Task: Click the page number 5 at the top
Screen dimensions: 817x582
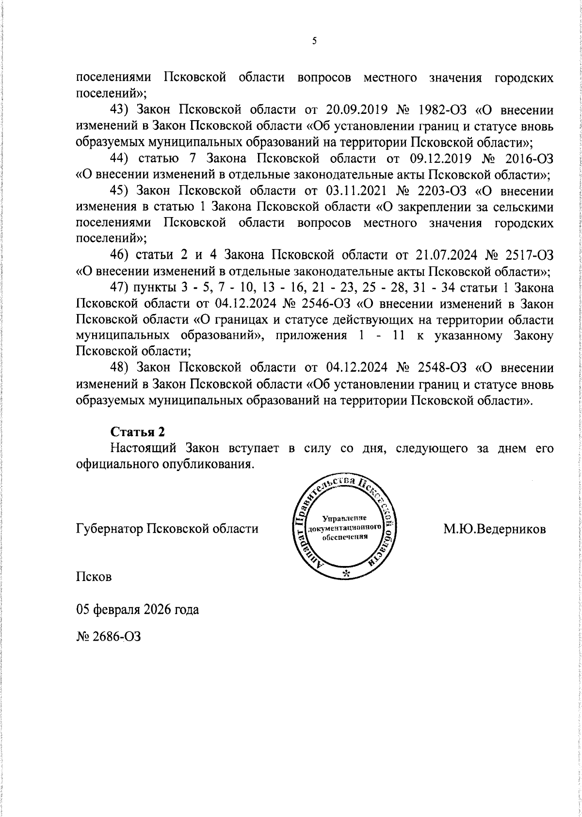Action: click(x=314, y=41)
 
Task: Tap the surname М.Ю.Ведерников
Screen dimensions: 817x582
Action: click(x=494, y=529)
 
